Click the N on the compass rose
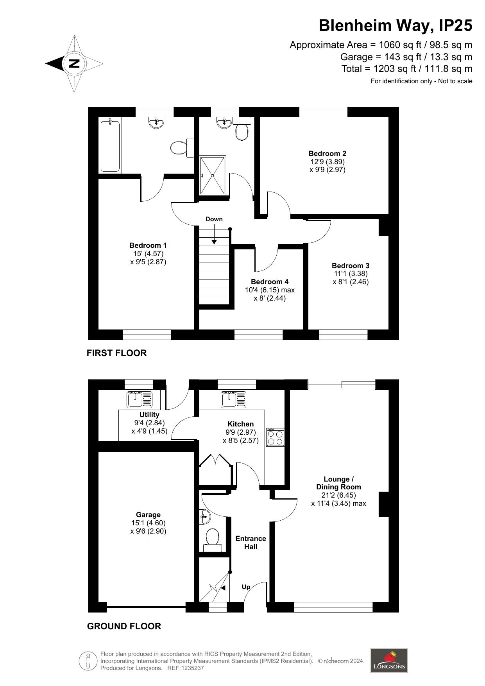pyautogui.click(x=74, y=63)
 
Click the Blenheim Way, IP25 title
pyautogui.click(x=396, y=25)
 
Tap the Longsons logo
pyautogui.click(x=389, y=661)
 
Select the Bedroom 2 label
pyautogui.click(x=328, y=154)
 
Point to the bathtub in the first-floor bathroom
pyautogui.click(x=110, y=146)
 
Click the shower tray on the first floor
pyautogui.click(x=213, y=175)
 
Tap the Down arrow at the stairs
pyautogui.click(x=214, y=235)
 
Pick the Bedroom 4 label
pyautogui.click(x=270, y=282)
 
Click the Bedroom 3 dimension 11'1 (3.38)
pyautogui.click(x=351, y=274)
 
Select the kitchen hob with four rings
pyautogui.click(x=275, y=437)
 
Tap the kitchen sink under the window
pyautogui.click(x=234, y=399)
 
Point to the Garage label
pyautogui.click(x=148, y=515)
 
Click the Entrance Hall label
pyautogui.click(x=251, y=543)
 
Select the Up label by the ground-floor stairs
pyautogui.click(x=246, y=587)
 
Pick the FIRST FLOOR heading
pyautogui.click(x=116, y=353)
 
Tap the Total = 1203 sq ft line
pyautogui.click(x=407, y=69)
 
